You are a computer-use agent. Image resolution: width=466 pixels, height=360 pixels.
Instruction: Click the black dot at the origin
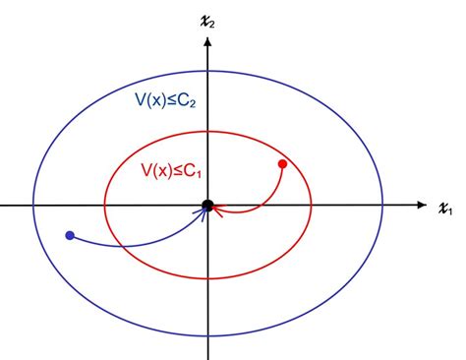207,205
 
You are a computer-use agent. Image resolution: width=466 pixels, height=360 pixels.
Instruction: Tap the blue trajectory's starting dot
69,235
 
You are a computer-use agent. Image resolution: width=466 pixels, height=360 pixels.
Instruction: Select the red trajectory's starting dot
282,163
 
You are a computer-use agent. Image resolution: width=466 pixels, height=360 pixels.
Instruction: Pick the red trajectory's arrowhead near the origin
217,208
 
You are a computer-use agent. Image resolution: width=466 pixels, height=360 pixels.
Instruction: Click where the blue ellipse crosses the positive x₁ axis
383,206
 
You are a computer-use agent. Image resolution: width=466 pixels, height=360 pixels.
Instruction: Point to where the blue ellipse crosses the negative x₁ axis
32,206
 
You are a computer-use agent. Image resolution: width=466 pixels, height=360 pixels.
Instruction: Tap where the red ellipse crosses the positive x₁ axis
312,206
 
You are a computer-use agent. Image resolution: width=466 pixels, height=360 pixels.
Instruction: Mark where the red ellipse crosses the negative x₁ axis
105,206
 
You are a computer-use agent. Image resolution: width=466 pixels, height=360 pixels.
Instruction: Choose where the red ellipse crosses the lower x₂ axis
207,281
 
